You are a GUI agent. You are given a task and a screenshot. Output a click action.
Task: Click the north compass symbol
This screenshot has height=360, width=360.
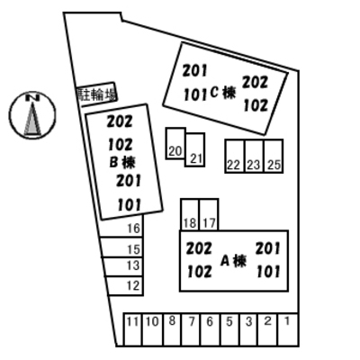pyautogui.click(x=32, y=115)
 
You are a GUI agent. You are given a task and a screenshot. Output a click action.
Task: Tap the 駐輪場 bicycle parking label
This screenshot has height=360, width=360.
pyautogui.click(x=96, y=94)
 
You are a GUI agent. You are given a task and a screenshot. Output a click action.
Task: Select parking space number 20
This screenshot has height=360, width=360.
pyautogui.click(x=175, y=144)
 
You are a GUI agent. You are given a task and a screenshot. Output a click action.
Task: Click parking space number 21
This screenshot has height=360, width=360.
pyautogui.click(x=195, y=149)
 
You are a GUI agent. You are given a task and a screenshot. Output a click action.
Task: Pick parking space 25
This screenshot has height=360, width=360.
pyautogui.click(x=274, y=156)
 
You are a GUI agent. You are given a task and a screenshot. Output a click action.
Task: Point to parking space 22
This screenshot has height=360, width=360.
pyautogui.click(x=235, y=156)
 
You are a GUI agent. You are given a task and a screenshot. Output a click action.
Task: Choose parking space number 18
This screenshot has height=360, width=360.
pyautogui.click(x=190, y=214)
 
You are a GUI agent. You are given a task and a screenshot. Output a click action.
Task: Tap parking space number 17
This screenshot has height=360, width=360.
pyautogui.click(x=209, y=214)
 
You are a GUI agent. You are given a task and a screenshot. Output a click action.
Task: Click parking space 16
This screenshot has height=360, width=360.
pyautogui.click(x=121, y=227)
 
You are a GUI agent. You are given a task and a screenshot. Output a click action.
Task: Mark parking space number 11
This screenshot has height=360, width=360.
pyautogui.click(x=132, y=329)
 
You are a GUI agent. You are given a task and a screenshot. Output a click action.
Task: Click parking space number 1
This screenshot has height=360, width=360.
pyautogui.click(x=288, y=329)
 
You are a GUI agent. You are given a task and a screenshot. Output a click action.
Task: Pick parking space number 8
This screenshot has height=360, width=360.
pyautogui.click(x=172, y=329)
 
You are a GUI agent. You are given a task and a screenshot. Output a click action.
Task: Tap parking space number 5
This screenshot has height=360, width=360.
pyautogui.click(x=229, y=329)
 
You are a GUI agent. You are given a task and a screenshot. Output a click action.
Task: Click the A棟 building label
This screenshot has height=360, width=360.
pyautogui.click(x=233, y=261)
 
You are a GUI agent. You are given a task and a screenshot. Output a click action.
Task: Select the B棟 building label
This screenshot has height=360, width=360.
pyautogui.click(x=122, y=162)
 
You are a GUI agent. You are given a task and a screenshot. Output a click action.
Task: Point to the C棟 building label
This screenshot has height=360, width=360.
pyautogui.click(x=223, y=93)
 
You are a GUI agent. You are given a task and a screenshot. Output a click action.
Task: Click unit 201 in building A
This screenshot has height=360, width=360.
pyautogui.click(x=268, y=248)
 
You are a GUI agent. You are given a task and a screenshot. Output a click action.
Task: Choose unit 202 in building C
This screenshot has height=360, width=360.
pyautogui.click(x=255, y=82)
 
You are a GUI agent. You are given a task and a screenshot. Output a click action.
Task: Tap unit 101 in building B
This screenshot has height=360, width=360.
pyautogui.click(x=130, y=205)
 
